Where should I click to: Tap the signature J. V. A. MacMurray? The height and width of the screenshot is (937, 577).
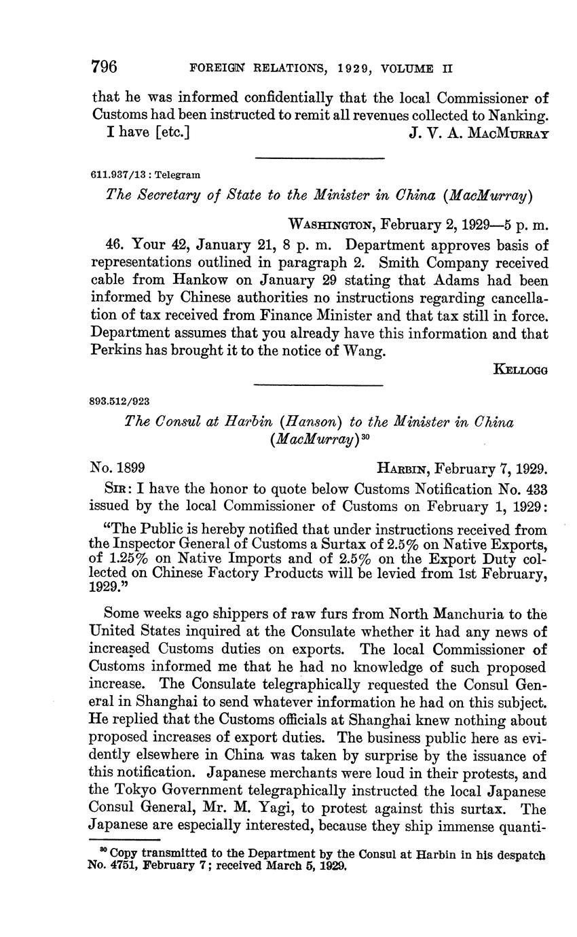click(479, 133)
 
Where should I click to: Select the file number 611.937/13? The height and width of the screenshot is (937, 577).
click(116, 175)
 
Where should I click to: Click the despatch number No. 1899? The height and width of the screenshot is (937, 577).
click(116, 468)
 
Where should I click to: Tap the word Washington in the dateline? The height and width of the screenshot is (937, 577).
click(331, 224)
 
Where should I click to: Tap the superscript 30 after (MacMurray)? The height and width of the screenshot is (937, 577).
click(364, 435)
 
